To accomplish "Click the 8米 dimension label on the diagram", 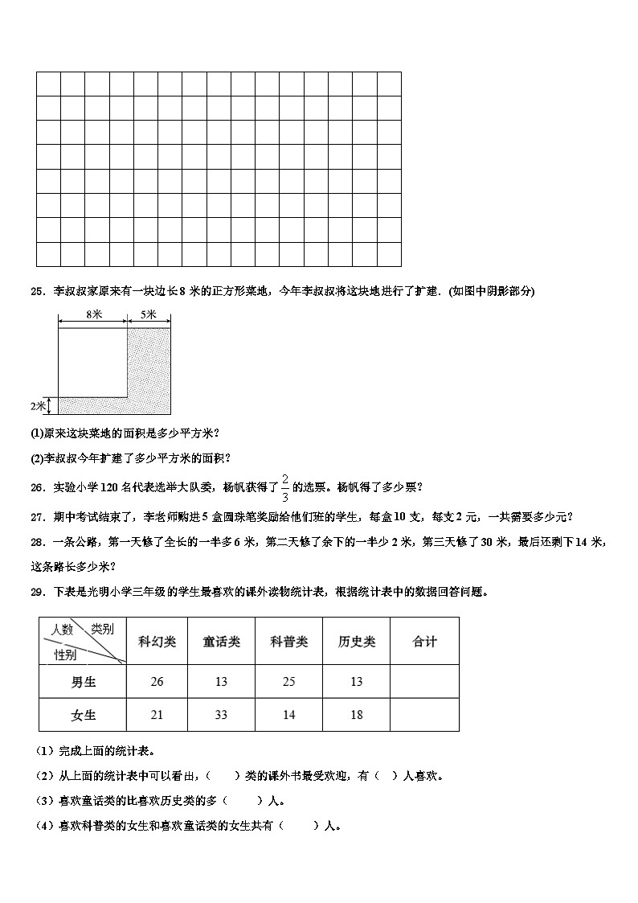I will coord(92,316).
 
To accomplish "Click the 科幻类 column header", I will coord(157,642).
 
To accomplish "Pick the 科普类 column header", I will coord(288,642).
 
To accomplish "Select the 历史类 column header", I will coord(356,642).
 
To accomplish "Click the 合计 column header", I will coord(424,642).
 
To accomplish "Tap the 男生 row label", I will coord(84,682).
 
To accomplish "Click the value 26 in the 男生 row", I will coord(157,682).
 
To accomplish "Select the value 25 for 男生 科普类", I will coord(288,682).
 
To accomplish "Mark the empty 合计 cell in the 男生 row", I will coord(424,682).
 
